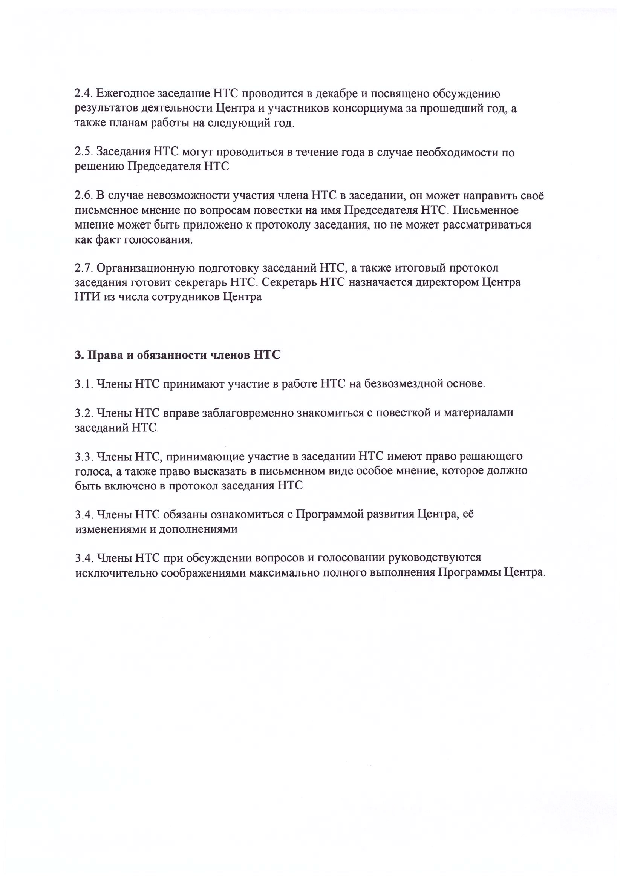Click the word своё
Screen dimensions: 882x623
[x=533, y=196]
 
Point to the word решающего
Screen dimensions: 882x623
[x=491, y=456]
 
